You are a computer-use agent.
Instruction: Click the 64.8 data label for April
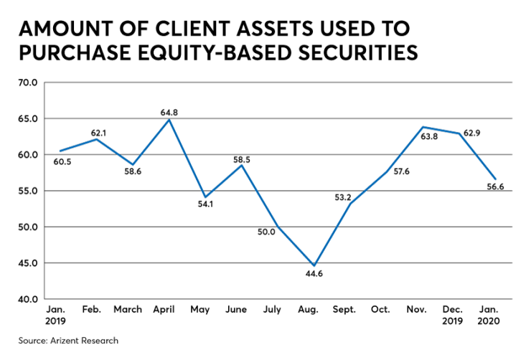[x=169, y=112]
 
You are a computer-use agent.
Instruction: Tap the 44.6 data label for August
[x=314, y=274]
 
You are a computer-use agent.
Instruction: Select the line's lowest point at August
[x=314, y=265]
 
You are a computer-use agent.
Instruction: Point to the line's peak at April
[x=169, y=119]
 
